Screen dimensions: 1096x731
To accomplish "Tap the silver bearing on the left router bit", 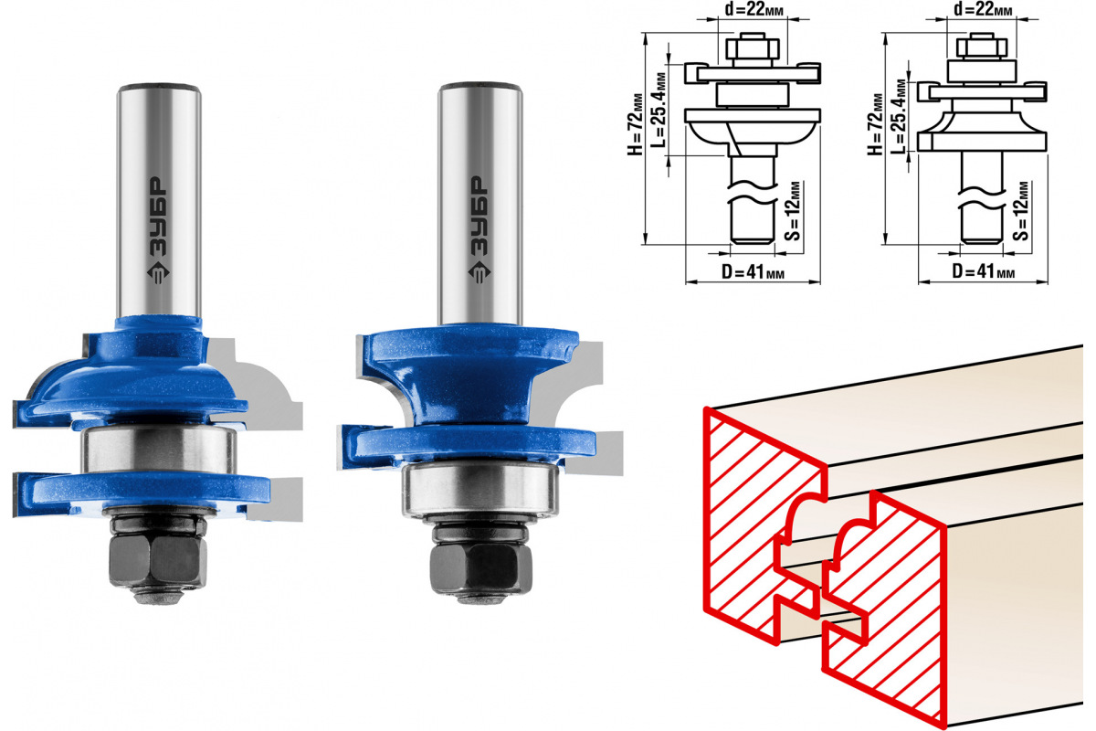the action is [159, 450].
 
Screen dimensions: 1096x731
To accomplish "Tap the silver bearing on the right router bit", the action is [480, 489].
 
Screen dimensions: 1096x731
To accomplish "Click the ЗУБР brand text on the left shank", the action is [158, 216].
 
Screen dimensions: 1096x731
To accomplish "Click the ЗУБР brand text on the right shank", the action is [479, 216].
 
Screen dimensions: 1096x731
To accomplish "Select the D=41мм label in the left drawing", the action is [753, 271].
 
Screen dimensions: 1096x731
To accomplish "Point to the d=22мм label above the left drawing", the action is [753, 9].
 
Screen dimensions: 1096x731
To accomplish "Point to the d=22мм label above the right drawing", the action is [983, 9].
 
